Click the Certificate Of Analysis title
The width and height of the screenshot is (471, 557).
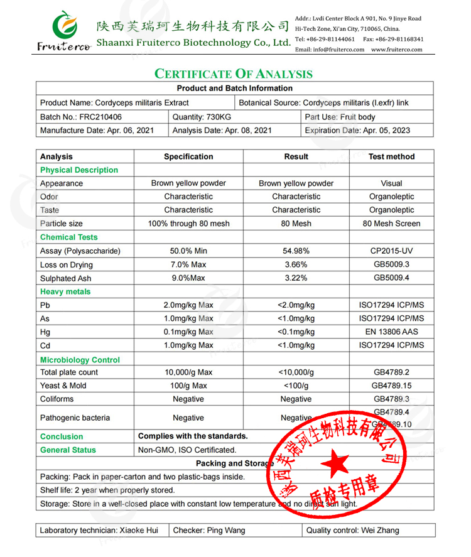234,74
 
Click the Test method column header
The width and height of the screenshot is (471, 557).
391,157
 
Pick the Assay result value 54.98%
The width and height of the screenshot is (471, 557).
296,251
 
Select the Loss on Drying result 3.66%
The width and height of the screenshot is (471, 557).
296,265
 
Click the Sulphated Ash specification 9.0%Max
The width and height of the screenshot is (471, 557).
188,278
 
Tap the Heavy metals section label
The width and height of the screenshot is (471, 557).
65,292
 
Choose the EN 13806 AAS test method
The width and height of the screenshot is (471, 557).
391,332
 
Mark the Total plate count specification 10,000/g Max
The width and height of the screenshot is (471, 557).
188,372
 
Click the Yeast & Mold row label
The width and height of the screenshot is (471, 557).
63,386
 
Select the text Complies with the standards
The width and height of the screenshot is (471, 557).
193,436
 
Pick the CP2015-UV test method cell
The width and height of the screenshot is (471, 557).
391,251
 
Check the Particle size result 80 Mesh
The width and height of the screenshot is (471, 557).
296,224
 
